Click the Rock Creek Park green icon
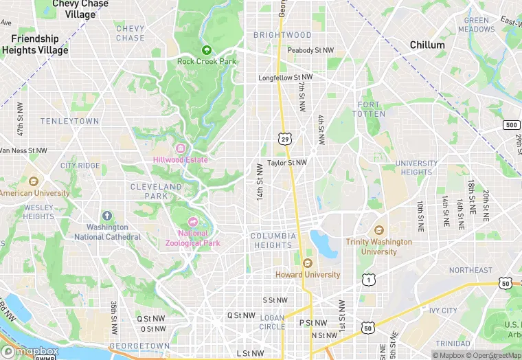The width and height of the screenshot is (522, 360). click(x=207, y=49)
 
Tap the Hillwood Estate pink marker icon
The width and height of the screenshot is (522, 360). click(x=181, y=149)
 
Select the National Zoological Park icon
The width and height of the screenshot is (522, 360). click(x=192, y=222)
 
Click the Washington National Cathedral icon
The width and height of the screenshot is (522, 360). click(x=106, y=216)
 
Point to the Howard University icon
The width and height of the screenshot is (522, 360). click(x=307, y=263)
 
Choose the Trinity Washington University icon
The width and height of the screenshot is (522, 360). click(x=378, y=230)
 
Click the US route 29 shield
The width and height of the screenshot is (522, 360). click(x=284, y=139)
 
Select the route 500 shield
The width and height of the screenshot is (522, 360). click(x=510, y=124)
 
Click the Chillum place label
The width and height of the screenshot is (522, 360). click(x=427, y=45)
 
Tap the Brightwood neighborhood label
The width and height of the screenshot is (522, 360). click(x=282, y=35)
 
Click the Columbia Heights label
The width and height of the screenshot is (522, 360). click(x=273, y=240)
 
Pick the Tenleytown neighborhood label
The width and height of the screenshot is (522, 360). click(x=69, y=121)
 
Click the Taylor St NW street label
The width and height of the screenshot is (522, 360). click(x=287, y=163)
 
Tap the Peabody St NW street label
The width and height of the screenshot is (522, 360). click(x=310, y=50)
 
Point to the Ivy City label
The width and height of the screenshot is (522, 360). click(x=443, y=311)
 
